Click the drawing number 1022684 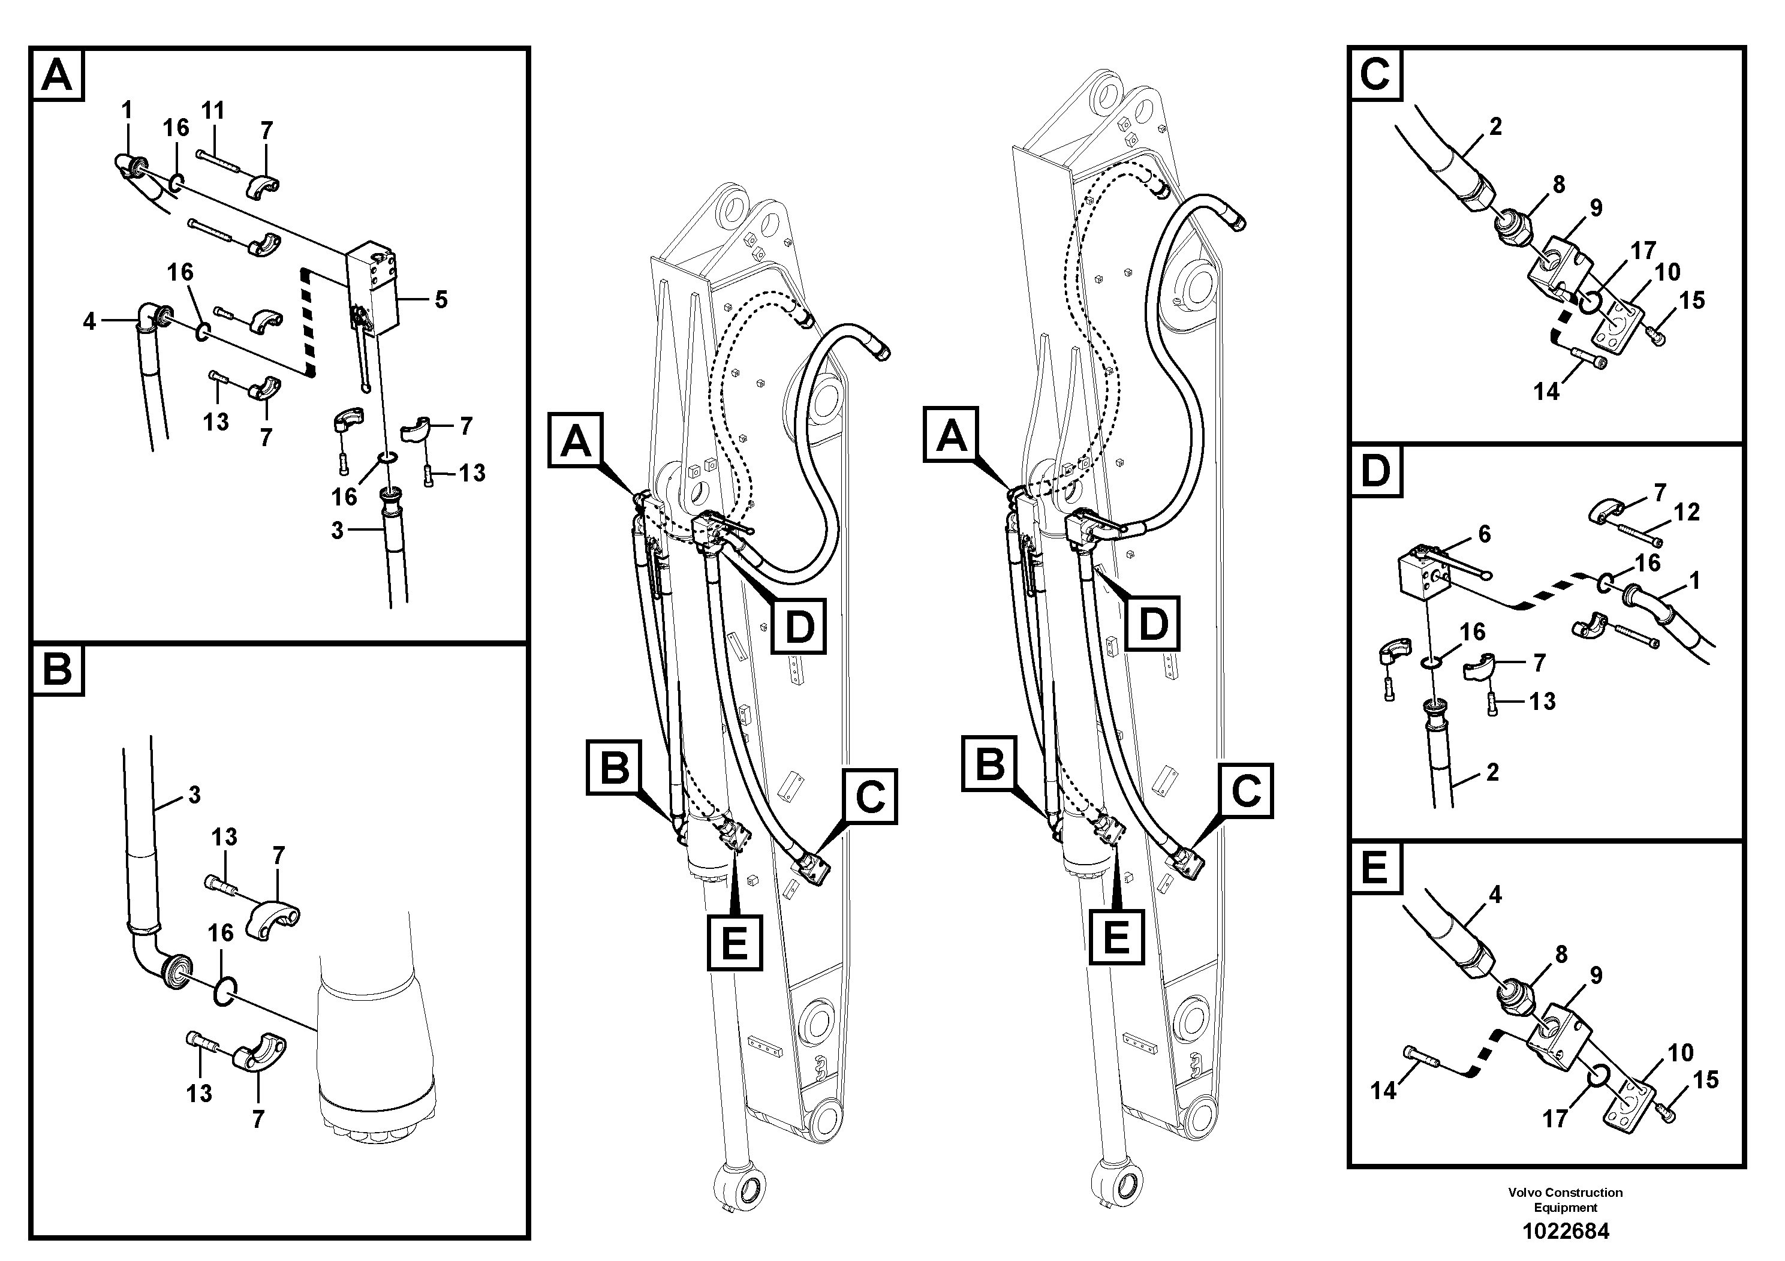[1565, 1230]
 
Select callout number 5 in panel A [441, 299]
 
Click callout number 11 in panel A [212, 110]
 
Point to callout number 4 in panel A [89, 320]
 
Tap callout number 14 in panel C [1546, 392]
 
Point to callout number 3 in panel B [194, 794]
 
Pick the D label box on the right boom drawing [1152, 624]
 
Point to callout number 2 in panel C [1495, 126]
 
